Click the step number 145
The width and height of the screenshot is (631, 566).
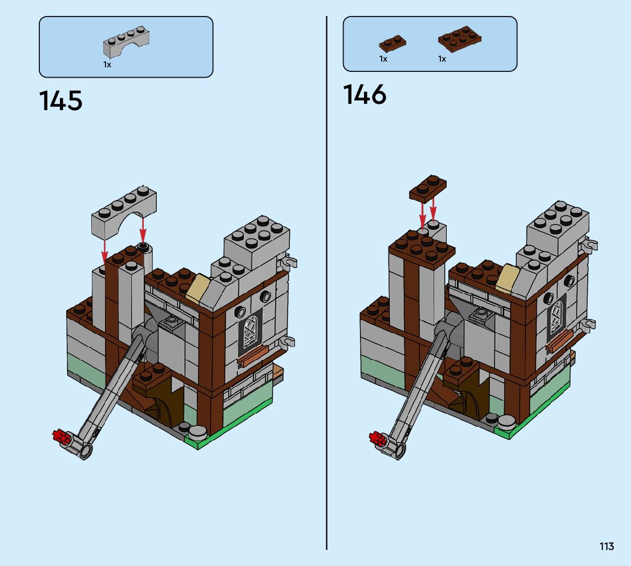pos(61,101)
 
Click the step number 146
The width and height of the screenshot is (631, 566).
pos(365,95)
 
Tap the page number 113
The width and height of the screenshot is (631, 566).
pos(606,546)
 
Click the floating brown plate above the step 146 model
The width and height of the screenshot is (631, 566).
pos(428,189)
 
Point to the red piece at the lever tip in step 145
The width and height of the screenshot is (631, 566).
pos(61,437)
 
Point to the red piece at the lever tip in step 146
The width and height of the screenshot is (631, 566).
pos(378,438)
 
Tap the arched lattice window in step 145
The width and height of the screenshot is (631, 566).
pos(250,331)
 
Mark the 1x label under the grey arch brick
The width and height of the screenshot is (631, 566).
pos(107,64)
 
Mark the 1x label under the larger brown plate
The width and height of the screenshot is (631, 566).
pos(442,59)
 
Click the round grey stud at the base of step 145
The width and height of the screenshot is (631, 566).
pos(198,433)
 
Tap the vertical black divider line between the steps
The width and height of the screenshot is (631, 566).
pos(327,285)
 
